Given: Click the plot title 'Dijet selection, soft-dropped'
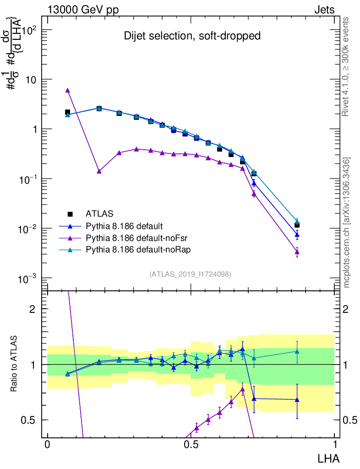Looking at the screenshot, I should pyautogui.click(x=192, y=36).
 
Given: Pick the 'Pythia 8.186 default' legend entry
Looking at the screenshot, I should pyautogui.click(x=124, y=226).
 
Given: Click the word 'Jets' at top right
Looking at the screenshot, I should pyautogui.click(x=324, y=10).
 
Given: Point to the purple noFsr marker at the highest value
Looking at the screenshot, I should pyautogui.click(x=67, y=91).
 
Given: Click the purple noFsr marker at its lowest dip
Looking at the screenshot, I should pyautogui.click(x=99, y=171).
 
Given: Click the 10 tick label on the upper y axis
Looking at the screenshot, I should pyautogui.click(x=32, y=80).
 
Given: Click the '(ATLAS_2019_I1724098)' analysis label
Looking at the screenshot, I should pyautogui.click(x=190, y=274).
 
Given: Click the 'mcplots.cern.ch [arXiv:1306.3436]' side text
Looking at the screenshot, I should pyautogui.click(x=347, y=223).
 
